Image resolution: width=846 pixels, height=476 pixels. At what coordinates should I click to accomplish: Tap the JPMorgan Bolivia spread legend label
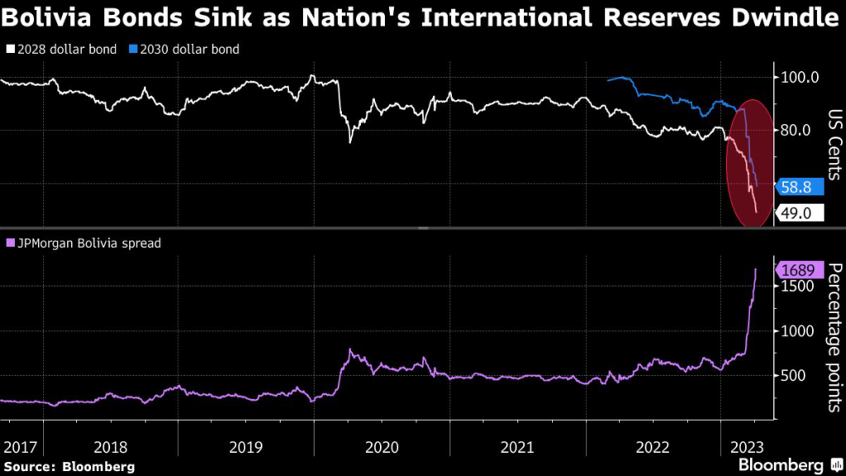tap(83, 244)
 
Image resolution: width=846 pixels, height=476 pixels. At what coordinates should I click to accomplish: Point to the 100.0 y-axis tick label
tap(800, 78)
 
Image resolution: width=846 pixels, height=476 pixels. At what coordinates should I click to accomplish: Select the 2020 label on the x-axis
tap(381, 447)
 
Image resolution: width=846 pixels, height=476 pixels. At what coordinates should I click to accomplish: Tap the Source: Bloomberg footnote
tap(69, 466)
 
